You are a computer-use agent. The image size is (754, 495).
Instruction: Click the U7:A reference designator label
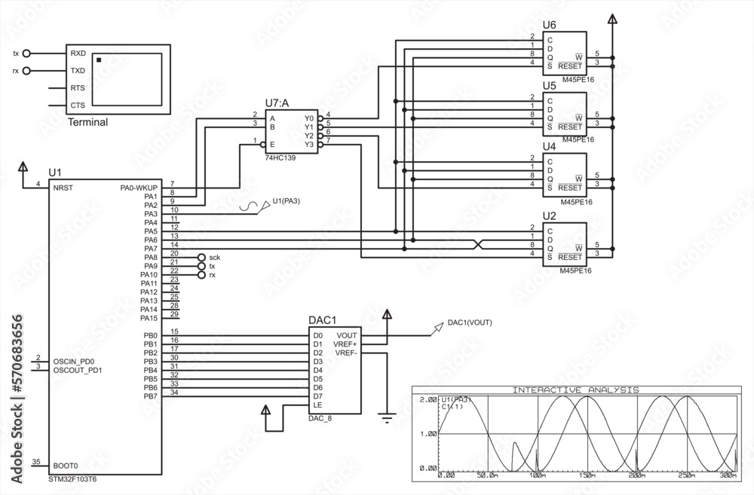tap(278, 103)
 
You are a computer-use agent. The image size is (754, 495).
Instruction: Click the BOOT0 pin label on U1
tap(66, 465)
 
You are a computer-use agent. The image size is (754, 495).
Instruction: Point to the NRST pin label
tap(63, 187)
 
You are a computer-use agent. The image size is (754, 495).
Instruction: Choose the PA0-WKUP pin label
tap(139, 187)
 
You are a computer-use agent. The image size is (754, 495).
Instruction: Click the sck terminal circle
tap(201, 258)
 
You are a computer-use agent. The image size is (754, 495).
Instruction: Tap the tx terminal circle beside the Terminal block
tap(27, 54)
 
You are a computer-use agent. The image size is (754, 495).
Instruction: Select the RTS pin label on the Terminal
tap(78, 88)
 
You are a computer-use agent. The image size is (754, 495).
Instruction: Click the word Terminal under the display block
tap(87, 122)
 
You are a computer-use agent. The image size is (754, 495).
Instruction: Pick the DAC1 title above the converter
tap(323, 320)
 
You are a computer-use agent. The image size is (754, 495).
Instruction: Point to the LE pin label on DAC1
tap(317, 405)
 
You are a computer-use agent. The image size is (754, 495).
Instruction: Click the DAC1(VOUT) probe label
tap(469, 323)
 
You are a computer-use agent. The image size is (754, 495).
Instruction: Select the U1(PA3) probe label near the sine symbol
tap(287, 200)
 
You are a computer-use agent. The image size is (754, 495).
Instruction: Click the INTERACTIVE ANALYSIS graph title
tap(575, 390)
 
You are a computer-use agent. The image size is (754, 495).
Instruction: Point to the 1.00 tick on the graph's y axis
tap(428, 434)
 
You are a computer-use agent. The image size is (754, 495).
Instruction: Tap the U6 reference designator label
tap(549, 25)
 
